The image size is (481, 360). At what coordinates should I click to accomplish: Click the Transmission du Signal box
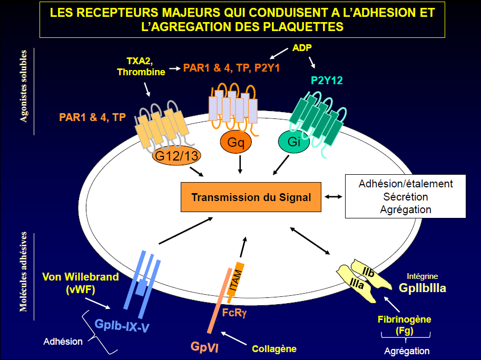251,198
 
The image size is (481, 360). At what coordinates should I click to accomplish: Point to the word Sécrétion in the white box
406,196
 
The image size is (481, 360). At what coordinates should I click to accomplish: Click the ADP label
302,48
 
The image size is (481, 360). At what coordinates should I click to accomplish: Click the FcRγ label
234,312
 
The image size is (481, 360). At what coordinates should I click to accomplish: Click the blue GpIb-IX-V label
122,326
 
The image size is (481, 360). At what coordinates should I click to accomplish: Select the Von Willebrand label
80,277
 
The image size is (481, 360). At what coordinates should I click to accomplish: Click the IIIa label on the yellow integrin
356,285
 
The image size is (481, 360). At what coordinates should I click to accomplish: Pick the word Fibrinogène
404,319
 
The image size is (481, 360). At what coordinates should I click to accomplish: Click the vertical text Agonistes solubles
24,86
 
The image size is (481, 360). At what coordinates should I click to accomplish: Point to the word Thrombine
141,72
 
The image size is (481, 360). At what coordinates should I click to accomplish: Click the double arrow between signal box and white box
333,197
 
